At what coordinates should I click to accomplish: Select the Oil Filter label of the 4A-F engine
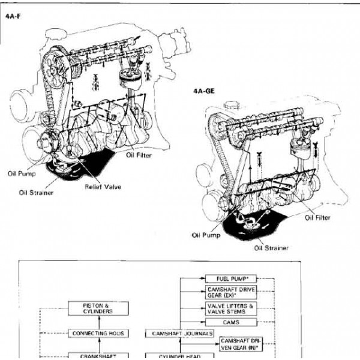(139, 155)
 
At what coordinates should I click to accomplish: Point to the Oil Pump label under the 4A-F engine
(22, 174)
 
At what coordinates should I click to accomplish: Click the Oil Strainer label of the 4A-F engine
(34, 193)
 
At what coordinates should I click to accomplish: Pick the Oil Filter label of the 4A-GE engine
(317, 218)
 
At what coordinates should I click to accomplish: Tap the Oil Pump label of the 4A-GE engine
(205, 235)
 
